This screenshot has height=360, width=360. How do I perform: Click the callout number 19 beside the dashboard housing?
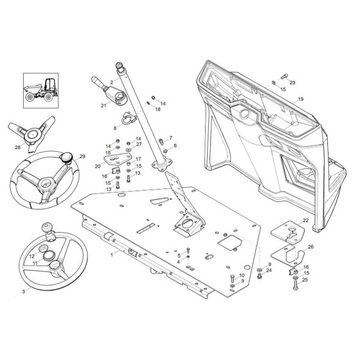click(300, 100)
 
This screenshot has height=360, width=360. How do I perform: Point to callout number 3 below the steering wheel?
click(24, 291)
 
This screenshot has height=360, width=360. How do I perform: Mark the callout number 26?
click(311, 247)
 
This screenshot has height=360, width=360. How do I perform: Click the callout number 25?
click(306, 280)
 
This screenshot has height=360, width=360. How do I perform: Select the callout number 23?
click(292, 82)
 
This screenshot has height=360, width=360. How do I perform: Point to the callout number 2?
click(111, 82)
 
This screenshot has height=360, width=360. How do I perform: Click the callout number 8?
click(115, 129)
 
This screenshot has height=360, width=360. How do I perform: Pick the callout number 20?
click(97, 165)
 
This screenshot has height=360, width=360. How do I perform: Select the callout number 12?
click(32, 256)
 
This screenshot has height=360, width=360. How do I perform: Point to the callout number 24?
click(269, 271)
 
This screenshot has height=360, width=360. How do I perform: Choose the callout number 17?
click(138, 159)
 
